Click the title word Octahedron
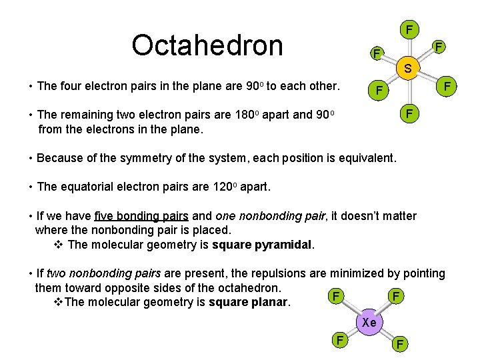click(x=207, y=45)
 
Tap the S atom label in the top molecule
click(x=407, y=69)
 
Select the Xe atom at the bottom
click(x=369, y=323)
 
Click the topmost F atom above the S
click(x=409, y=29)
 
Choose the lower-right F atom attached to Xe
click(x=399, y=344)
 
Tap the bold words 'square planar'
click(x=249, y=303)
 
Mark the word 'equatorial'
click(x=91, y=187)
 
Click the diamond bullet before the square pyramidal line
click(x=57, y=244)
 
